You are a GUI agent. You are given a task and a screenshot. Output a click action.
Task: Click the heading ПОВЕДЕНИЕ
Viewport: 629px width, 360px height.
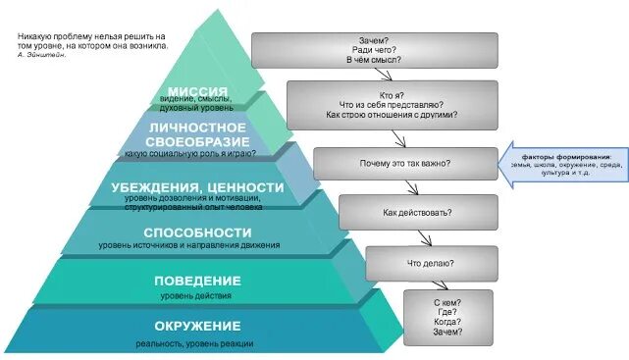197,282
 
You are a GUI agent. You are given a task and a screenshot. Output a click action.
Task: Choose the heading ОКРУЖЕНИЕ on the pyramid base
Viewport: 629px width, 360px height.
197,326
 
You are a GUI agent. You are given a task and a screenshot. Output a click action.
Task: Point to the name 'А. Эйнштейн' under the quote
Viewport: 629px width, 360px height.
42,55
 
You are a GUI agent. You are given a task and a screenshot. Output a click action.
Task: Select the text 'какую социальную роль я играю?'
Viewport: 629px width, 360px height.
190,154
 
